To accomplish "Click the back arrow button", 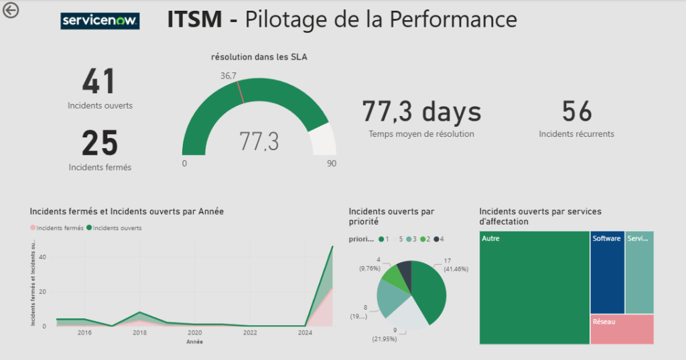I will [x=11, y=10].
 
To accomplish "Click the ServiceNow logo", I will [x=100, y=21].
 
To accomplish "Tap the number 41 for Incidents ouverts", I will [x=99, y=82].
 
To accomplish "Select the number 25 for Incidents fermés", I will [x=100, y=143].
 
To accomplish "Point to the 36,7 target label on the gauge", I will [x=228, y=76].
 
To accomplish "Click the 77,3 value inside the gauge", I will [x=259, y=141].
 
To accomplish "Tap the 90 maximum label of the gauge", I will [x=331, y=164].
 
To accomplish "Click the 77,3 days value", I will [x=421, y=111].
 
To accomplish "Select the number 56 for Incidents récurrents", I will [x=576, y=111].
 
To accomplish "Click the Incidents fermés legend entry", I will [x=57, y=228].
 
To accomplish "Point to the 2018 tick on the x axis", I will [x=139, y=333].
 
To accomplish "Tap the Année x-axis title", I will [x=194, y=341].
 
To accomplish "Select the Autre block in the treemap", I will [x=535, y=288].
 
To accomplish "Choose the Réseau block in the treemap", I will [x=622, y=329].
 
